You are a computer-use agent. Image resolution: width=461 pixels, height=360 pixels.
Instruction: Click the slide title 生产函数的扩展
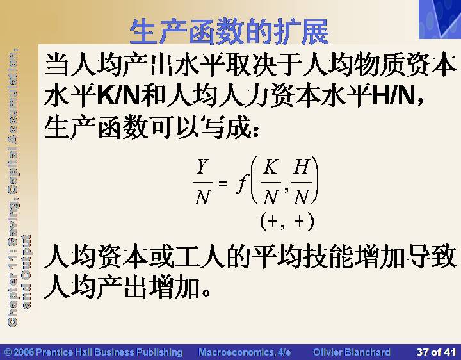point(229,31)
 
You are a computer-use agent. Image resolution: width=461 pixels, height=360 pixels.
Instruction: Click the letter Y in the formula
point(202,167)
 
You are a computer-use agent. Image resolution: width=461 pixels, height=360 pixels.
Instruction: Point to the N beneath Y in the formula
point(202,197)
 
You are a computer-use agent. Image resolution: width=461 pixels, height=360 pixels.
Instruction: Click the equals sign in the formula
point(223,184)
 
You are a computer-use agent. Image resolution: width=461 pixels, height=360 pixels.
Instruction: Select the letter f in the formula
point(242,184)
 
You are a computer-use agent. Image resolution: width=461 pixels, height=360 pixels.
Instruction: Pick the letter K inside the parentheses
point(271,167)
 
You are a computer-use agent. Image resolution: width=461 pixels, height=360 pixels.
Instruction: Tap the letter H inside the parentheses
point(301,167)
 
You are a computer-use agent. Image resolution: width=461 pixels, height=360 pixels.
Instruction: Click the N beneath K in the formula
point(270,197)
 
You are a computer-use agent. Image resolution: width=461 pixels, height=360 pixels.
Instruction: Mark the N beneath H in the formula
point(302,197)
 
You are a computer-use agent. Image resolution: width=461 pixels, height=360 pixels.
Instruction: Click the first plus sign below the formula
point(272,221)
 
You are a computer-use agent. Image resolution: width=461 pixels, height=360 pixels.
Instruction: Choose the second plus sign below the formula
point(300,221)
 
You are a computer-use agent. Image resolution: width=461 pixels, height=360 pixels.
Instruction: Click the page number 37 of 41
point(436,352)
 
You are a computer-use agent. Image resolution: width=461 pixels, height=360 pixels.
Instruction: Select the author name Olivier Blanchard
point(352,352)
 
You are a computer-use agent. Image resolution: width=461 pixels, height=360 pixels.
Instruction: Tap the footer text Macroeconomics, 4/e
point(245,352)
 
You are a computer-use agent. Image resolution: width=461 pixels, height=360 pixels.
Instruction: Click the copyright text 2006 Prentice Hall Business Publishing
point(97,352)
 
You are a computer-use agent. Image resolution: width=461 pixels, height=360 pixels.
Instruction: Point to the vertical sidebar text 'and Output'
point(26,272)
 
